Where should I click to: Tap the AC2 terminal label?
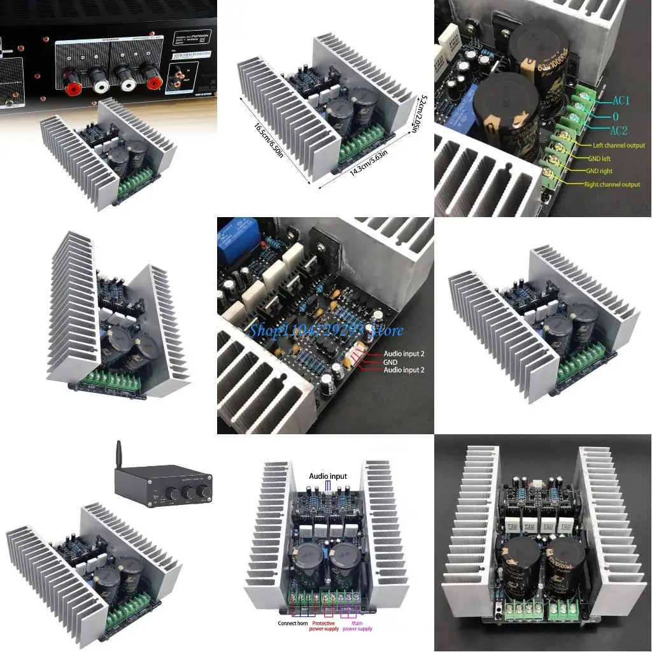pyautogui.click(x=620, y=131)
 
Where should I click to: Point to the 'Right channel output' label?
pyautogui.click(x=612, y=185)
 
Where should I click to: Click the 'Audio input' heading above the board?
pyautogui.click(x=328, y=476)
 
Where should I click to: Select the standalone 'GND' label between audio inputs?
pyautogui.click(x=391, y=362)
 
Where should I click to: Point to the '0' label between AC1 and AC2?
pyautogui.click(x=615, y=117)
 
